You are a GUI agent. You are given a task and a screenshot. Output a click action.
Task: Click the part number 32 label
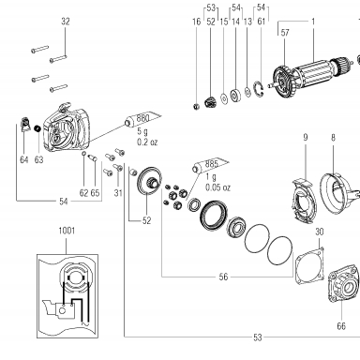66,22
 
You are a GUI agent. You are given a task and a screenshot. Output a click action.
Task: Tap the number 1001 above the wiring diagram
67,231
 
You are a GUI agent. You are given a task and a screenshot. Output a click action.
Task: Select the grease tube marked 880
142,119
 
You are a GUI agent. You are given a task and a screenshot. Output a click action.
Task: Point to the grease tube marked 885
211,166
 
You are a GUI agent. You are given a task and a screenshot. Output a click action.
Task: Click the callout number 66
341,326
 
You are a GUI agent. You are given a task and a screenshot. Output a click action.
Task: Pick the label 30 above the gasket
320,232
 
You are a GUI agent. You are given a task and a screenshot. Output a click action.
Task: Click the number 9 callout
306,137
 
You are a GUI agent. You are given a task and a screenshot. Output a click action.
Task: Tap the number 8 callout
333,137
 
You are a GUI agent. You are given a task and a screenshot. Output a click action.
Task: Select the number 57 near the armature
285,33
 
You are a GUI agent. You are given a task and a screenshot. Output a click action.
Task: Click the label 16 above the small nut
196,22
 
